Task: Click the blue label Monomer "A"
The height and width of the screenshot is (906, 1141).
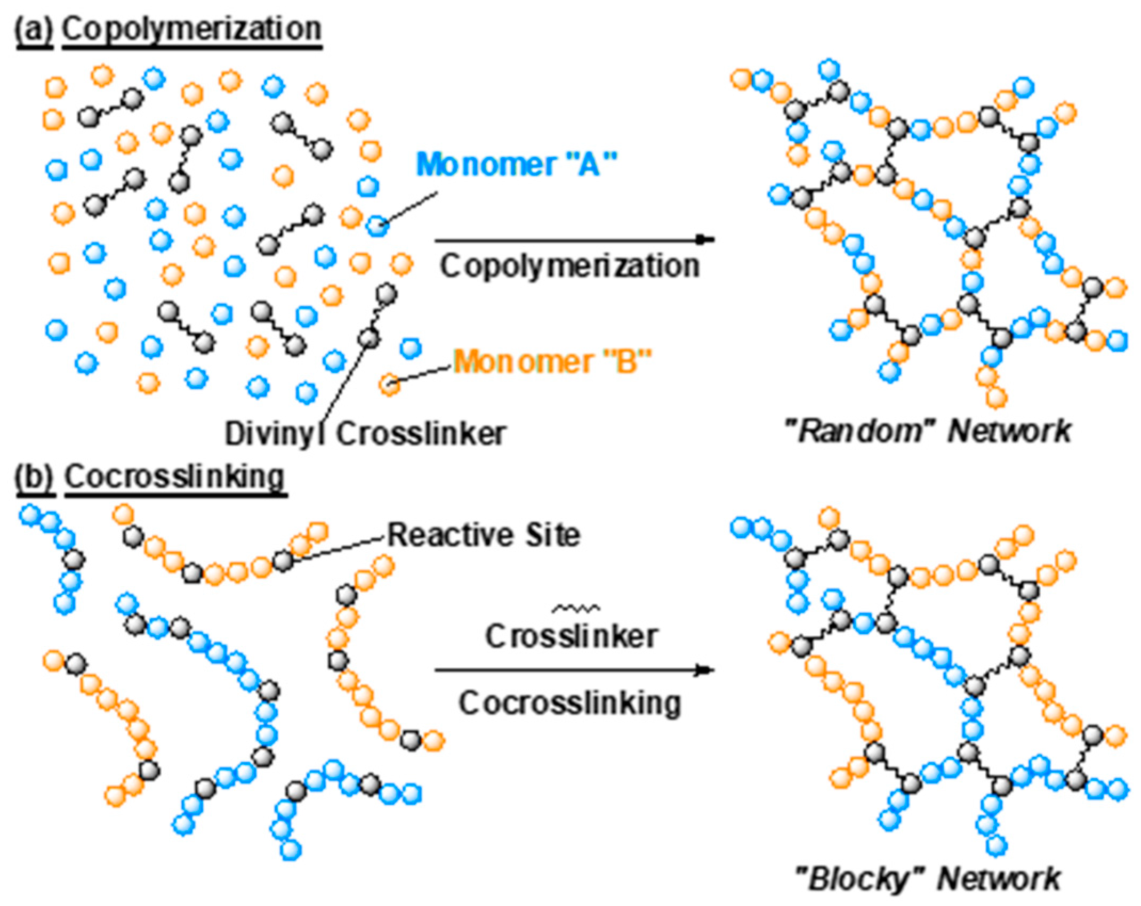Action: point(516,164)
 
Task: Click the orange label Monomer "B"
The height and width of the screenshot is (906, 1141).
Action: point(553,361)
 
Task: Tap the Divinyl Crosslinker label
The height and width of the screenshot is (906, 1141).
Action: point(365,433)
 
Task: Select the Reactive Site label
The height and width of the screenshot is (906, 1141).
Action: point(483,535)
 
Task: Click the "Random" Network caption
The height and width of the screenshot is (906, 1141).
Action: point(928,431)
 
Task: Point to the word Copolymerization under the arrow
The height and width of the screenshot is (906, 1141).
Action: point(569,265)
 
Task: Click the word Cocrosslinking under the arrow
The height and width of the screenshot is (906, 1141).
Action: point(569,703)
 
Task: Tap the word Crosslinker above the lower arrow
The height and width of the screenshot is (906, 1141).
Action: point(570,636)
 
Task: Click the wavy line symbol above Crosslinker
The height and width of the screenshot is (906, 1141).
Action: point(576,608)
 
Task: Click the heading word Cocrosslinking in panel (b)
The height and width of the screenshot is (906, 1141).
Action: point(175,477)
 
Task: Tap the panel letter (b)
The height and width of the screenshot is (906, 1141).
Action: point(35,477)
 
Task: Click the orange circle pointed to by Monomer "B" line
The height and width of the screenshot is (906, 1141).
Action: point(390,383)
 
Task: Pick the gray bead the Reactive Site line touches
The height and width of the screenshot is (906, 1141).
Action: point(283,561)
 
